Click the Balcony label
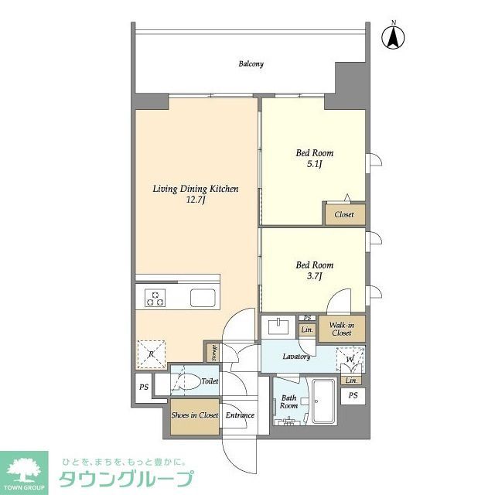click(251, 64)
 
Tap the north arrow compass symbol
click(394, 36)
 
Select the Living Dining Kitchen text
click(195, 188)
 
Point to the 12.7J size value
click(194, 200)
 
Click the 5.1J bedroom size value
click(314, 166)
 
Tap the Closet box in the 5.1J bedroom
click(344, 214)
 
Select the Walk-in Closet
click(341, 329)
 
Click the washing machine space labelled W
click(350, 360)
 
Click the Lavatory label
click(296, 357)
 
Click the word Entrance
click(240, 415)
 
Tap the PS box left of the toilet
click(143, 387)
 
